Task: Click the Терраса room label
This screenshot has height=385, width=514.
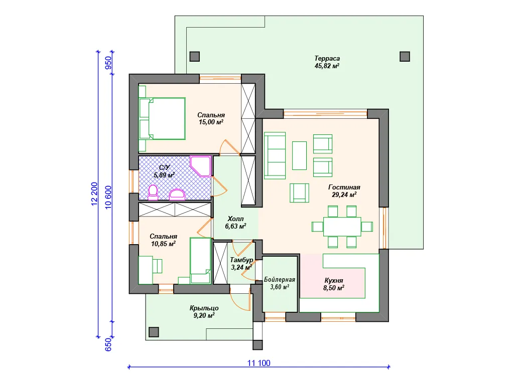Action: click(327, 59)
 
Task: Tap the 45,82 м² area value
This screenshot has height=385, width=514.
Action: click(327, 66)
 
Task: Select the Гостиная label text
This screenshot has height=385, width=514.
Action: click(344, 187)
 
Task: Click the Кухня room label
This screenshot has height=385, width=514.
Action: click(334, 281)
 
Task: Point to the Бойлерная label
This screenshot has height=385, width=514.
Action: click(280, 280)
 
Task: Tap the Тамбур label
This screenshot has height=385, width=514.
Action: click(241, 260)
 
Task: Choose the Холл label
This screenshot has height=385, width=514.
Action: click(236, 219)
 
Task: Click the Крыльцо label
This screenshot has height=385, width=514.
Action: click(204, 308)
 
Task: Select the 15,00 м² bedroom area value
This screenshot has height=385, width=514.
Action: click(211, 122)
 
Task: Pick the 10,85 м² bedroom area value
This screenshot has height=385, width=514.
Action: click(163, 244)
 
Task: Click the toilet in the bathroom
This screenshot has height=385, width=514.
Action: click(153, 192)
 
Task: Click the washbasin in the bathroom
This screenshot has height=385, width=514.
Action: click(177, 195)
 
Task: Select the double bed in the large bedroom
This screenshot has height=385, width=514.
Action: click(162, 118)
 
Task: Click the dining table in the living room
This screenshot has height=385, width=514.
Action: click(342, 227)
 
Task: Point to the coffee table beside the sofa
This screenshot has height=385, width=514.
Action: click(299, 155)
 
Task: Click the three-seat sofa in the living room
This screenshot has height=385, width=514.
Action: click(275, 155)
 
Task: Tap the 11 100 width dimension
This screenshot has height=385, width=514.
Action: click(259, 363)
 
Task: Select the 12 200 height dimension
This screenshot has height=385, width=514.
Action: click(94, 194)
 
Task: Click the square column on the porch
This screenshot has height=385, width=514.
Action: click(154, 332)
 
